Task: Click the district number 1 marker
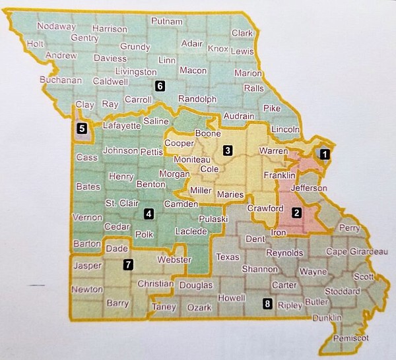click(324, 154)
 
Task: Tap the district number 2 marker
click(297, 212)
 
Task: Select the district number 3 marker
click(227, 150)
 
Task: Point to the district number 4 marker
click(149, 213)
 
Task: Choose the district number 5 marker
click(82, 129)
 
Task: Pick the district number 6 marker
click(159, 85)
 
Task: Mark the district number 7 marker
click(129, 264)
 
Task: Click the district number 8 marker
click(267, 304)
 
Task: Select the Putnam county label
click(166, 21)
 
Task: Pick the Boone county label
click(206, 134)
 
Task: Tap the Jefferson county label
click(309, 188)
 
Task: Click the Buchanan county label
click(60, 80)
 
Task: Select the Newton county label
click(86, 289)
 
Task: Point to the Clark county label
click(242, 33)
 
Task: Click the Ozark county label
click(198, 308)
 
